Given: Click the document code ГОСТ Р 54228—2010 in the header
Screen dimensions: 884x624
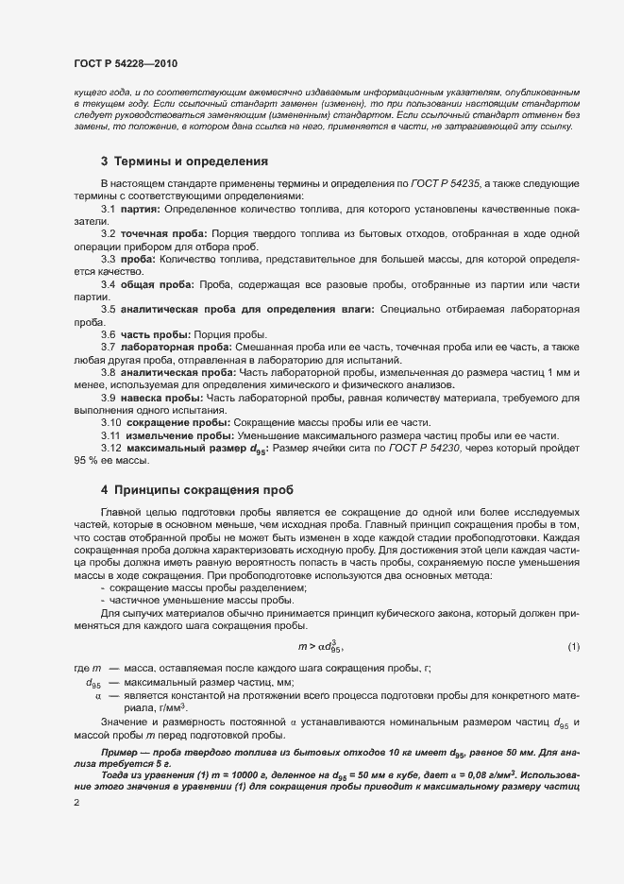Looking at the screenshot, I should [126, 62].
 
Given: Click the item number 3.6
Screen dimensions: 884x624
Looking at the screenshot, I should [108, 334].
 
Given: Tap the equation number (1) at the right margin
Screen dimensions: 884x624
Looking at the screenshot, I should [573, 646].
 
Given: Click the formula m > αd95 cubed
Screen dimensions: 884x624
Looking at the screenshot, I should [320, 646].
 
